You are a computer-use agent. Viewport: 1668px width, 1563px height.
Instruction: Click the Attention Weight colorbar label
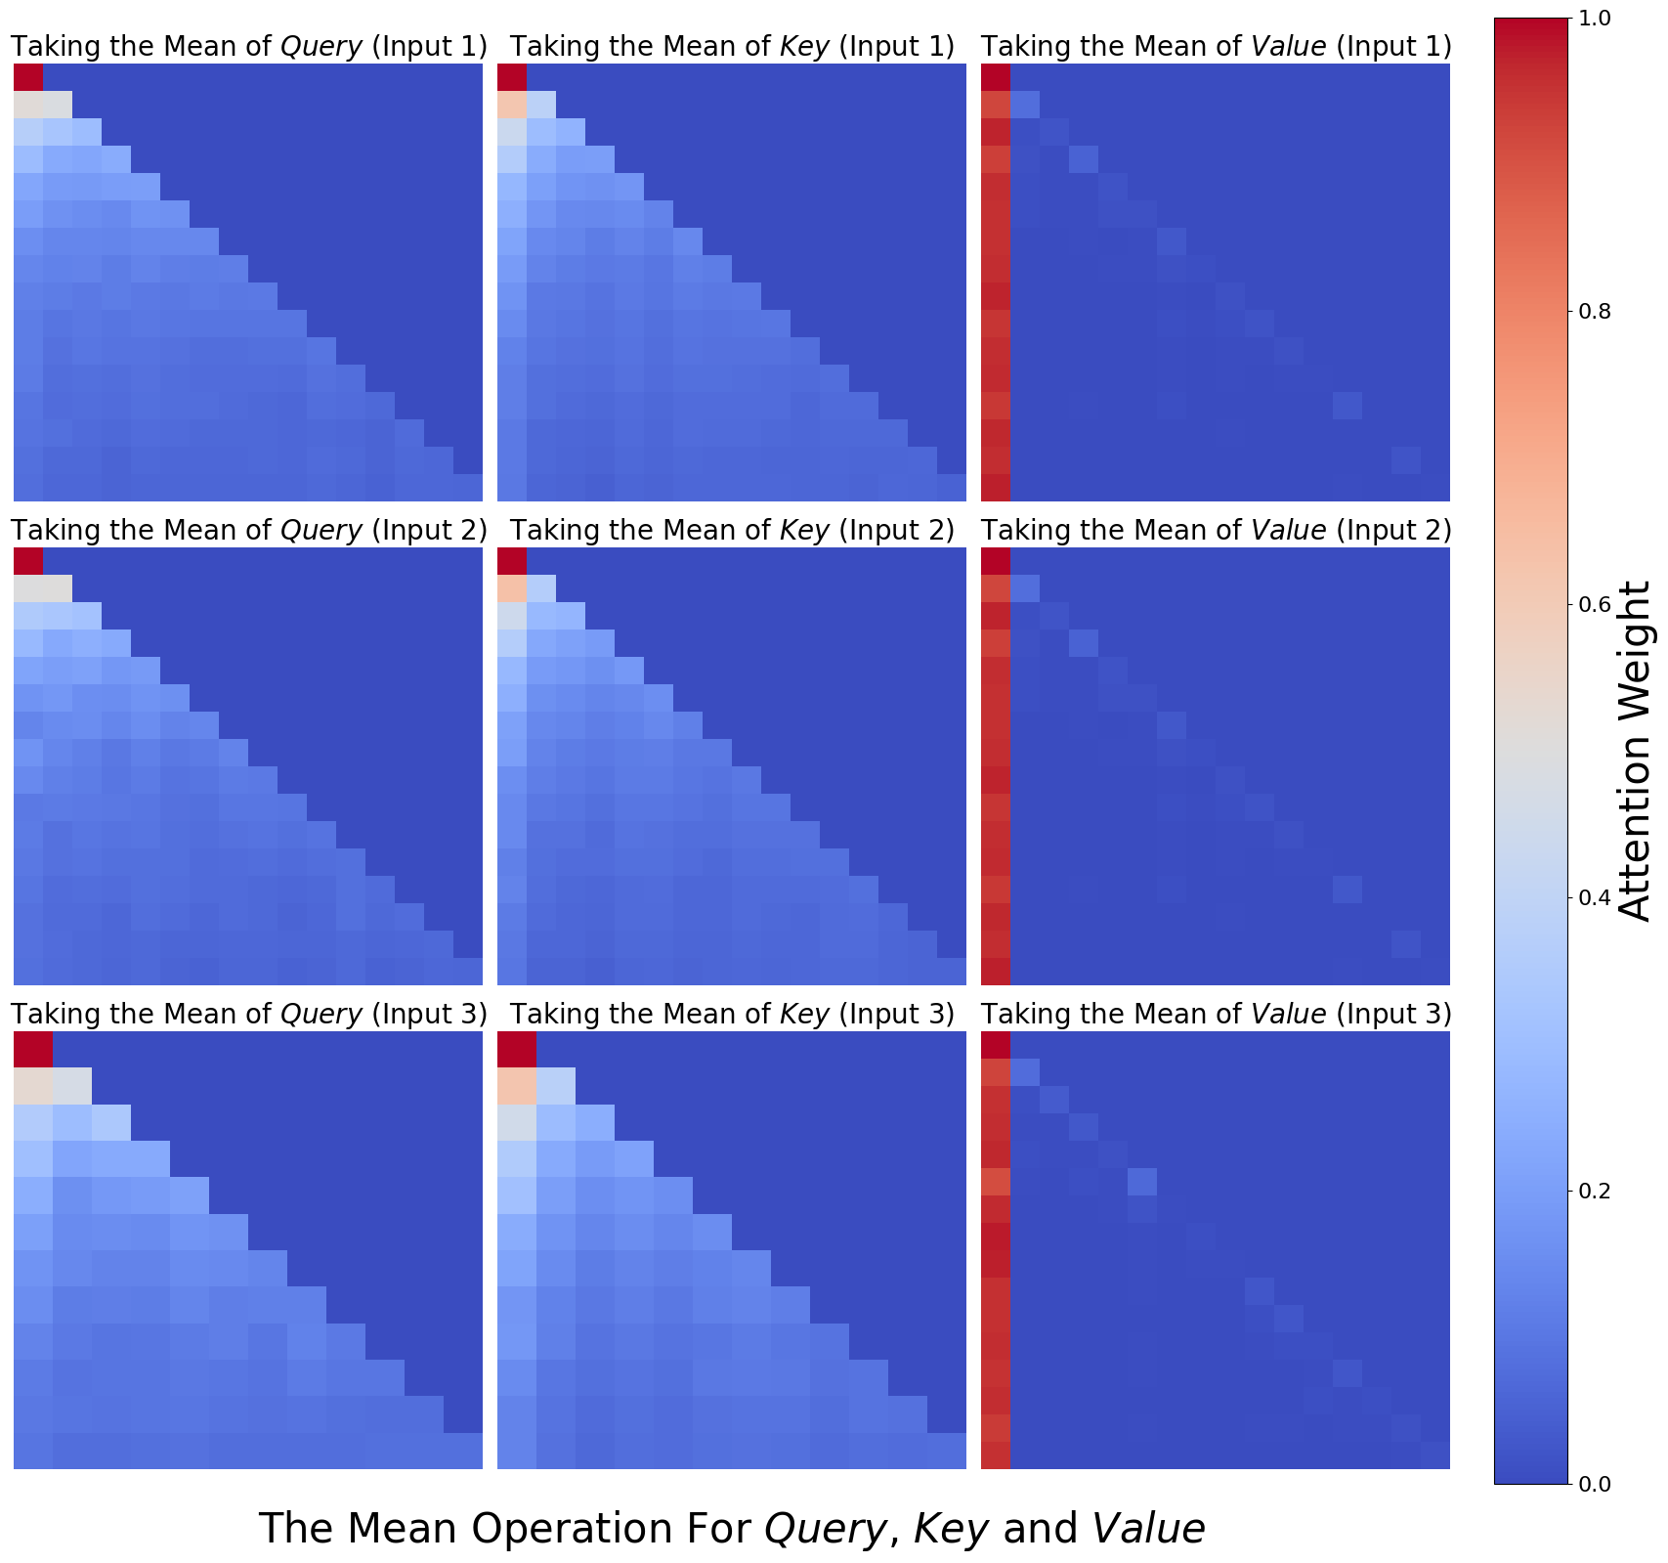click(1635, 751)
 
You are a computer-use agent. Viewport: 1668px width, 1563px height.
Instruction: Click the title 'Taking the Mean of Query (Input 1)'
click(248, 46)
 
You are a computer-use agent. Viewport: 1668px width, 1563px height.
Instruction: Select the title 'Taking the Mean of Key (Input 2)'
click(732, 530)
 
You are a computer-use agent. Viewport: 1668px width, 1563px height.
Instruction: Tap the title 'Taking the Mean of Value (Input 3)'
click(1216, 1014)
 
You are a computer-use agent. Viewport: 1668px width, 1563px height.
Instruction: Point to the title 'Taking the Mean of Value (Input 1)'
click(1216, 46)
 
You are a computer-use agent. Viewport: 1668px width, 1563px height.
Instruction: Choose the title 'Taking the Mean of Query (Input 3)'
click(248, 1014)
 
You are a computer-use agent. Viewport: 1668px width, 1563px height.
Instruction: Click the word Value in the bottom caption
click(1149, 1529)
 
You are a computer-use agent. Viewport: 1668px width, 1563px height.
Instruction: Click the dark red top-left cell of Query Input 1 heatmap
click(28, 77)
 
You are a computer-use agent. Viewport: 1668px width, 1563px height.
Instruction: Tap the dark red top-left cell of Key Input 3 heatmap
click(517, 1049)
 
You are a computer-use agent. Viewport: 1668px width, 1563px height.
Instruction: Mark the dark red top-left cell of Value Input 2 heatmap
click(996, 561)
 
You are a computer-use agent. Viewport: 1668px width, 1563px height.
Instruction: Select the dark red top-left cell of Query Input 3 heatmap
click(33, 1049)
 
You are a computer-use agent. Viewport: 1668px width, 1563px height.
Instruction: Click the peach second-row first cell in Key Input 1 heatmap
click(512, 105)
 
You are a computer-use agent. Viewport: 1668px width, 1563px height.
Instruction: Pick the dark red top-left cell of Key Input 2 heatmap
click(512, 561)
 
